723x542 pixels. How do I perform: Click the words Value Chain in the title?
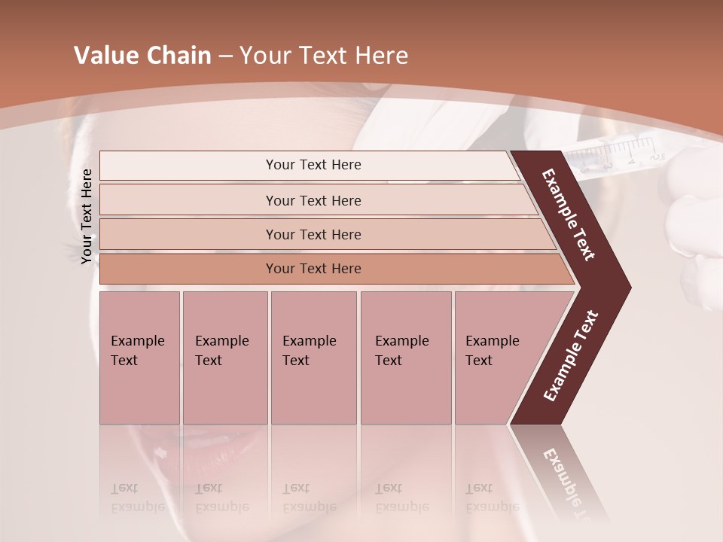tap(142, 56)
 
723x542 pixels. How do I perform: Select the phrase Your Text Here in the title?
tap(324, 56)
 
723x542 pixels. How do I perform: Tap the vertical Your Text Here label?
tap(87, 216)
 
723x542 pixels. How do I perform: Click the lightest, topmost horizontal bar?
tap(313, 165)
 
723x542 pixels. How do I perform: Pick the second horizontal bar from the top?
tap(313, 200)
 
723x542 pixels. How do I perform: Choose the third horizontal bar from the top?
tap(313, 234)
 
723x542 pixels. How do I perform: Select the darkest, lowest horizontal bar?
tap(313, 269)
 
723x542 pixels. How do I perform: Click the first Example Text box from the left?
tap(139, 358)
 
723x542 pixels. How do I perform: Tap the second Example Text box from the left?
tap(224, 358)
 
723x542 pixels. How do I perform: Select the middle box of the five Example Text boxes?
tap(313, 358)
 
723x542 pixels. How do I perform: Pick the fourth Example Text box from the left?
tap(406, 358)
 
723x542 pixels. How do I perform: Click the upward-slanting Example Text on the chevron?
tap(571, 355)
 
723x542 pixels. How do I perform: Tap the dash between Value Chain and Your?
tap(225, 56)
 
